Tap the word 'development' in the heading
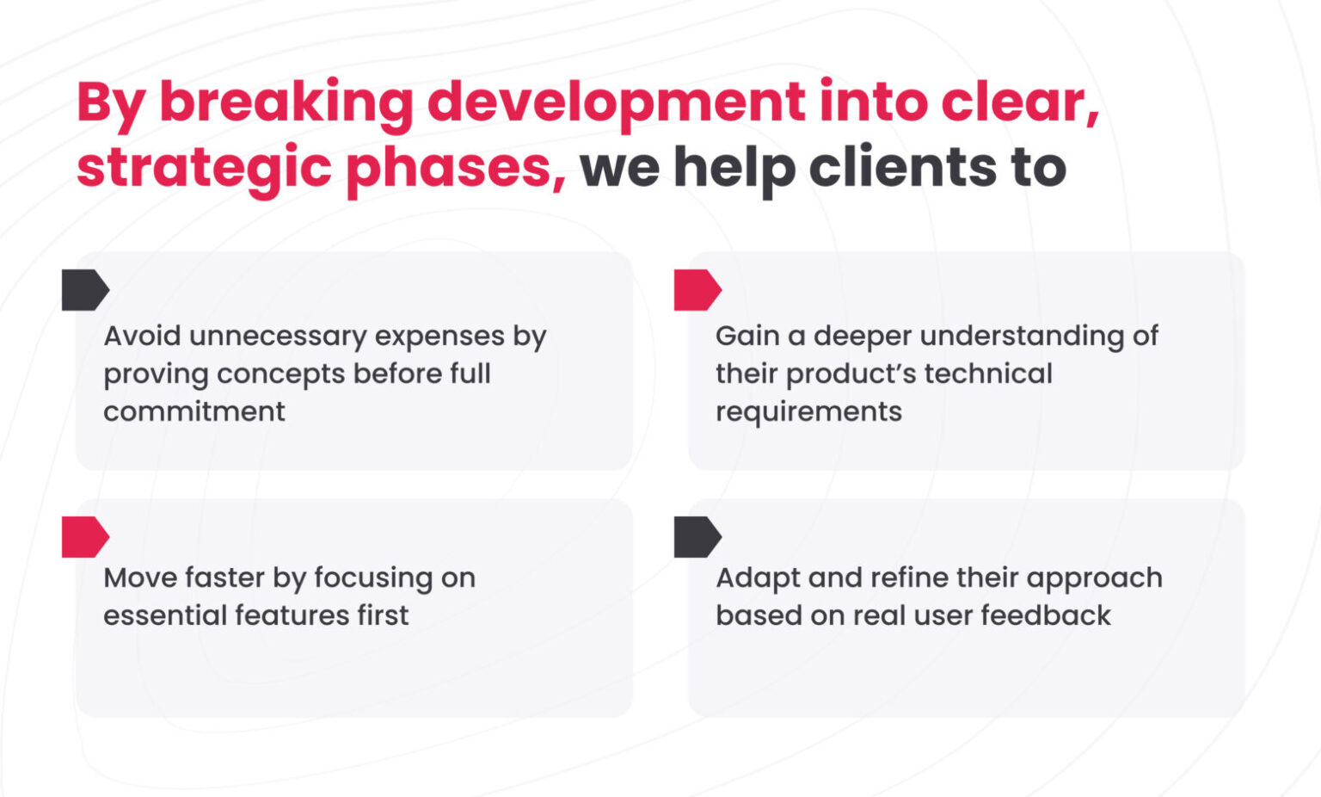click(616, 102)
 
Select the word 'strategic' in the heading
click(204, 168)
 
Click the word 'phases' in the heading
click(455, 168)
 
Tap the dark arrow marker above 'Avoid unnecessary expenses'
click(85, 290)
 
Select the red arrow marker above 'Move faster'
click(85, 537)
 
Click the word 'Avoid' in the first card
click(141, 336)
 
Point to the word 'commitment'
click(194, 411)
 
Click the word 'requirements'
click(808, 412)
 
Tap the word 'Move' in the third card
click(138, 578)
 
